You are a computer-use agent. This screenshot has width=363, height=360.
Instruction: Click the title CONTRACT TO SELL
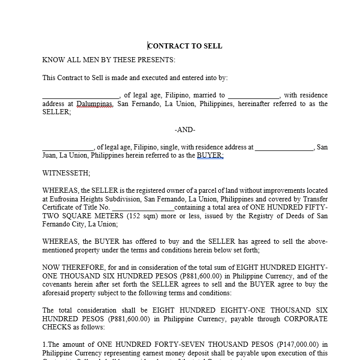(x=185, y=46)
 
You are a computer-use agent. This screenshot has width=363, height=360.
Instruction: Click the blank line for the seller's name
(x=81, y=96)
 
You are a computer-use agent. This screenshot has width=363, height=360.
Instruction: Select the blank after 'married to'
(x=254, y=96)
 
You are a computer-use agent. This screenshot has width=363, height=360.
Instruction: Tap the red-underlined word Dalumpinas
(x=94, y=104)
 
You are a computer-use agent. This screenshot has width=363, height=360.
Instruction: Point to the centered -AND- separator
(x=185, y=130)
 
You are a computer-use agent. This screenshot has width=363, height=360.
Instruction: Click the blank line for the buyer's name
(x=68, y=148)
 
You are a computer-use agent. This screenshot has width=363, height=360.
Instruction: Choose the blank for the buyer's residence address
(x=284, y=148)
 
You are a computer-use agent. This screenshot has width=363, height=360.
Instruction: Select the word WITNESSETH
(x=66, y=173)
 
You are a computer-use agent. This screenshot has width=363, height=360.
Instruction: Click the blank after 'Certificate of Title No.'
(x=143, y=208)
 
